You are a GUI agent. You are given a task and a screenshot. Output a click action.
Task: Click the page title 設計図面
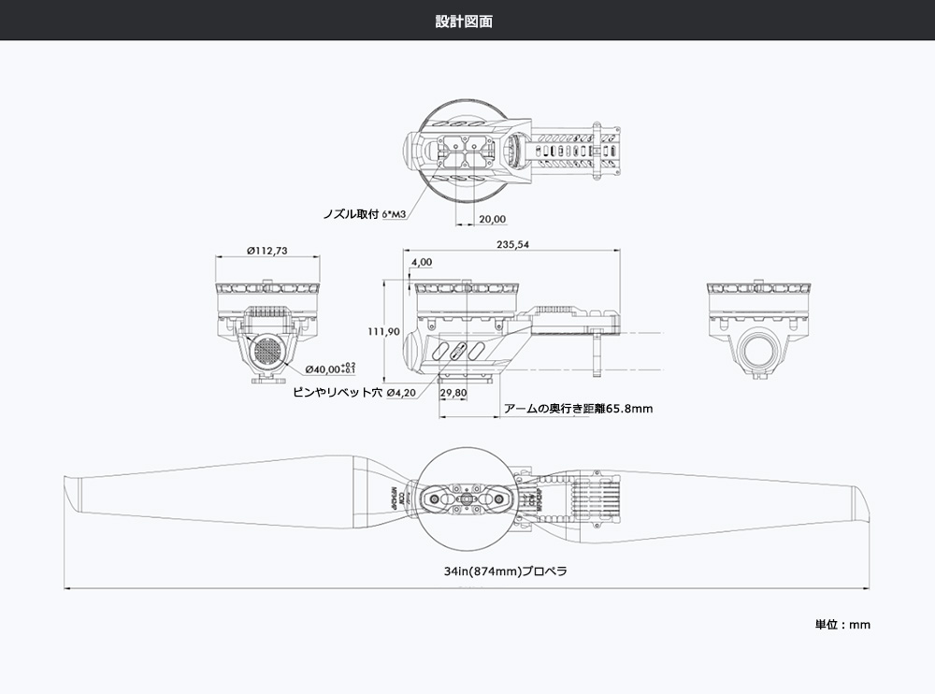tap(464, 21)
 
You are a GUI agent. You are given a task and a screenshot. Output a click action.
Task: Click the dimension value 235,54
tap(513, 244)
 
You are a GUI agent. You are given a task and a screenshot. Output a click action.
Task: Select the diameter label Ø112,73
tap(266, 250)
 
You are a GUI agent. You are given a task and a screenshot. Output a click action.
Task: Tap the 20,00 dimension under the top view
tap(492, 219)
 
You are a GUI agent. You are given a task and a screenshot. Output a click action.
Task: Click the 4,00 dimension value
tap(421, 262)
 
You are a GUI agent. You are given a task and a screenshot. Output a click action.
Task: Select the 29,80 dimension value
tap(453, 393)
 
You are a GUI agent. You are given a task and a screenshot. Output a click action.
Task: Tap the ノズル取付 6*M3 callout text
tap(363, 214)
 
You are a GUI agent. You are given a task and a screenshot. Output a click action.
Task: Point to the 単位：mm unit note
tap(842, 624)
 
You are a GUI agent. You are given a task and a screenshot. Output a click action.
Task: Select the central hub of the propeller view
tap(467, 499)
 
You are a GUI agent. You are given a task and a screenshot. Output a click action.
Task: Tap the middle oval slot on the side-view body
tap(456, 352)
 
